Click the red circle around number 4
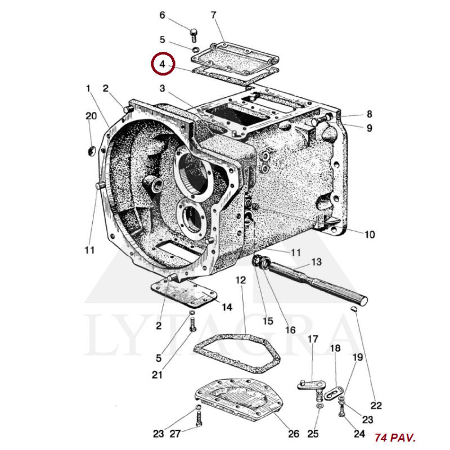point(152,64)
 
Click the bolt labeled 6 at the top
point(193,35)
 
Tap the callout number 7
point(214,15)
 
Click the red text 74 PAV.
point(395,438)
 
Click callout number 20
point(91,116)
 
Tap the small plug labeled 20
point(91,151)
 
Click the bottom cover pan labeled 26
point(238,400)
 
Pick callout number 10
point(370,235)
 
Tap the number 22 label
point(376,405)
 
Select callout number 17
point(313,339)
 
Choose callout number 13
point(316,262)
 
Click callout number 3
point(163,88)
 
